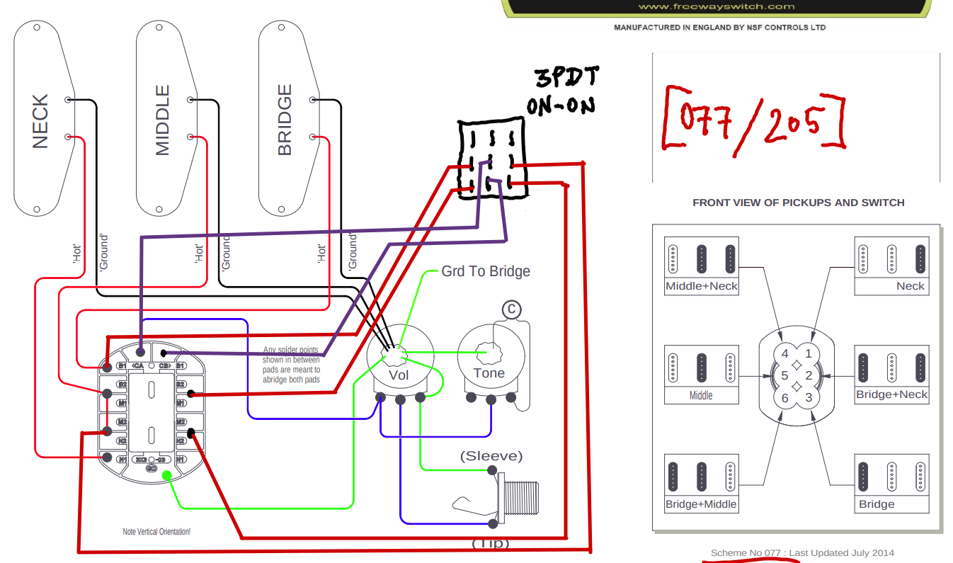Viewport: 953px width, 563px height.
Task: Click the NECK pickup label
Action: (40, 121)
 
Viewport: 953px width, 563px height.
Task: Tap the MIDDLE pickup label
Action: (163, 120)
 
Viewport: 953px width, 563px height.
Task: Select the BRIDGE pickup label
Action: (285, 120)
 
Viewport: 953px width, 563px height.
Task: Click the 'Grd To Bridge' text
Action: (485, 271)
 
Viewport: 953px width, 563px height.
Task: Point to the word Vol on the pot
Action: (399, 375)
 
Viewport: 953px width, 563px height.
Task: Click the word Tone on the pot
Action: (489, 373)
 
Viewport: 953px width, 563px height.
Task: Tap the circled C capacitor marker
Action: (510, 309)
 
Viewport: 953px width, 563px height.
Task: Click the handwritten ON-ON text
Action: (560, 106)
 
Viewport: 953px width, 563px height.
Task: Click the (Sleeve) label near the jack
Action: (491, 455)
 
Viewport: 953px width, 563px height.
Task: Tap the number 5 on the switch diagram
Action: (784, 375)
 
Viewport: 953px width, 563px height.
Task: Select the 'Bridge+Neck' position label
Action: (891, 394)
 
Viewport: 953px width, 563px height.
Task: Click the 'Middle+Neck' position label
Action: (701, 287)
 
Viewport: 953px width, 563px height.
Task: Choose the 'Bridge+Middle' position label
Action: (701, 504)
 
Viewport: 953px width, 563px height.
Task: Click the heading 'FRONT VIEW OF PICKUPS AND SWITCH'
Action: (798, 203)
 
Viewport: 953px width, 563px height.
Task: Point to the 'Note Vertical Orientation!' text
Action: (156, 531)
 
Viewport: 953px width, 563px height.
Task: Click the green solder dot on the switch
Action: (166, 475)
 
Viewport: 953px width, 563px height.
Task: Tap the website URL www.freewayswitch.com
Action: (716, 6)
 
